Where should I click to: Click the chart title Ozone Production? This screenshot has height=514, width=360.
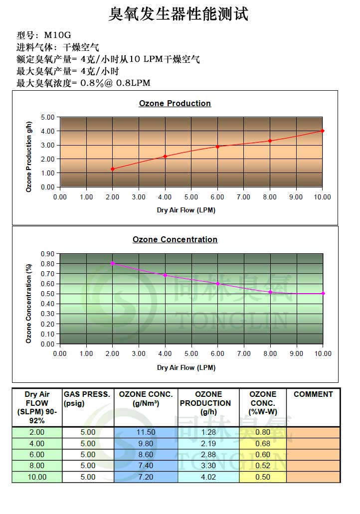click(x=175, y=104)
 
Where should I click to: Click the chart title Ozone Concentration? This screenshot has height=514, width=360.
click(x=175, y=240)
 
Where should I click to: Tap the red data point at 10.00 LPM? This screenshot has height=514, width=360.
click(x=323, y=131)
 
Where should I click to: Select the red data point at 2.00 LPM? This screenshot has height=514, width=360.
click(x=113, y=169)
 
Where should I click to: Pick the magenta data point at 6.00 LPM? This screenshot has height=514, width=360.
click(x=217, y=284)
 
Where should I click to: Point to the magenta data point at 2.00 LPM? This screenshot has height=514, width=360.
click(x=113, y=263)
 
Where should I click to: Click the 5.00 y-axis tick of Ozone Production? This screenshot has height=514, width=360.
click(x=48, y=118)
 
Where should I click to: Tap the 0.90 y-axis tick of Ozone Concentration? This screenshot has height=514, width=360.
click(x=48, y=254)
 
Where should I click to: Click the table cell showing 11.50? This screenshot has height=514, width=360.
click(x=146, y=432)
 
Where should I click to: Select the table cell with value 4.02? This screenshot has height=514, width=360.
click(x=208, y=477)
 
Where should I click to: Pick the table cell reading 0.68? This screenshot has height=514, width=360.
click(x=262, y=443)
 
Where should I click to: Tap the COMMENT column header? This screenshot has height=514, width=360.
click(x=313, y=394)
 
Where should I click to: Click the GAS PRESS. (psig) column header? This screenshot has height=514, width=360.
click(x=87, y=398)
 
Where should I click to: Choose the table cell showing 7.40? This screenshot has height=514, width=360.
click(x=146, y=466)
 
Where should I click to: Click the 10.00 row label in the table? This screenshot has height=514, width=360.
click(x=37, y=477)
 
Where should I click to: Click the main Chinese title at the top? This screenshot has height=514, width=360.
click(x=178, y=14)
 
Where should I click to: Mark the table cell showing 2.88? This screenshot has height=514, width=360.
click(x=208, y=454)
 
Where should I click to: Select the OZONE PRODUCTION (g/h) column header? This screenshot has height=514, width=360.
click(x=208, y=403)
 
